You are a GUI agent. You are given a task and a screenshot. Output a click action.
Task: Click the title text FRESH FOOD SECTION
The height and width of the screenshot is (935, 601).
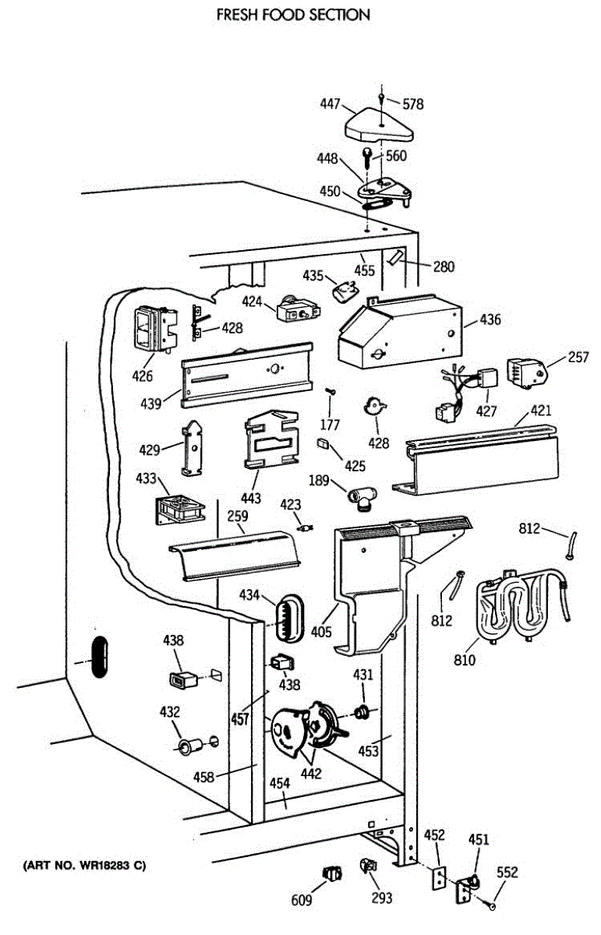tap(292, 15)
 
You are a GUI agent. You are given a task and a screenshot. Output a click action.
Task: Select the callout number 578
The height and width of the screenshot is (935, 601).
tap(412, 103)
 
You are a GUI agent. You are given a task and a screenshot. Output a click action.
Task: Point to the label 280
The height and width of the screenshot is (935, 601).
tap(444, 267)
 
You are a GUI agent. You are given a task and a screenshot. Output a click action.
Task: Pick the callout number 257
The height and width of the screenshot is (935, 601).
tap(578, 358)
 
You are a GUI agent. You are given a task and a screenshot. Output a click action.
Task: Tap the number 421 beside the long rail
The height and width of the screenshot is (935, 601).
tap(541, 411)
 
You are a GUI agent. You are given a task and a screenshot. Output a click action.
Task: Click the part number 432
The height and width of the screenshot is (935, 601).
tap(170, 711)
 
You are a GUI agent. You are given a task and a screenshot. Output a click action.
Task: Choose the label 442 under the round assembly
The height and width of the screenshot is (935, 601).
tap(312, 773)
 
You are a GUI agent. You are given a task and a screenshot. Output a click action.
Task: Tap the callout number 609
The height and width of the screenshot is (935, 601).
tap(302, 901)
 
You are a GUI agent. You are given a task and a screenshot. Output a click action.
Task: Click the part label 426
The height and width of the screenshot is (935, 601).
tap(142, 377)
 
